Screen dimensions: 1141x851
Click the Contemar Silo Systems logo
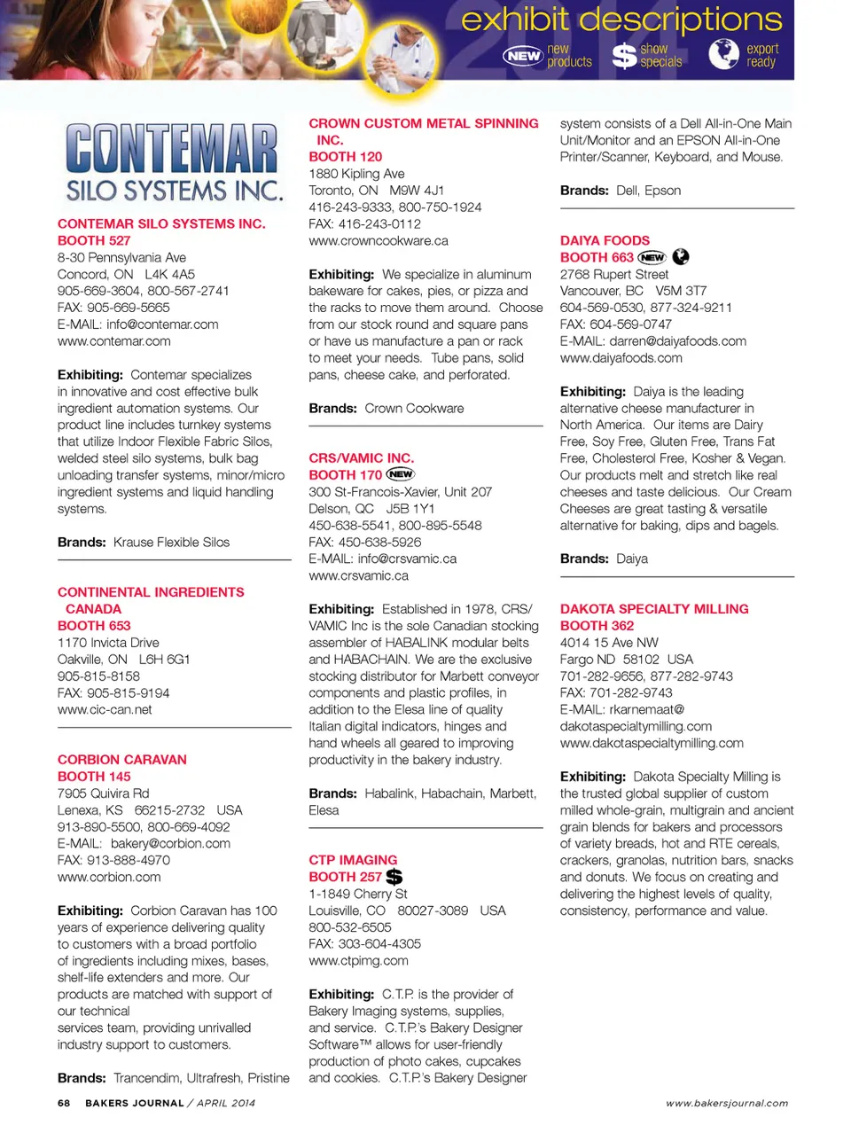(x=174, y=162)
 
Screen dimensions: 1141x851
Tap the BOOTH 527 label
(x=94, y=240)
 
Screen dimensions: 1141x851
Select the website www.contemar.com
(x=113, y=341)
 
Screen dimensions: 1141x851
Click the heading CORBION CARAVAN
(x=121, y=760)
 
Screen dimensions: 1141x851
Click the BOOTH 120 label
(x=345, y=157)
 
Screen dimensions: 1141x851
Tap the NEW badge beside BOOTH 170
(x=401, y=474)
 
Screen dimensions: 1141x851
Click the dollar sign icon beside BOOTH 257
(x=394, y=877)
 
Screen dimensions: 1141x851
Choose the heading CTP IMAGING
(x=353, y=860)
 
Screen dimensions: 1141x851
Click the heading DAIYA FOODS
(x=605, y=240)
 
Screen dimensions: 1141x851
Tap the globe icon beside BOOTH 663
(x=681, y=257)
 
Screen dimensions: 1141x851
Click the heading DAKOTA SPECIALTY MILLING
(x=654, y=609)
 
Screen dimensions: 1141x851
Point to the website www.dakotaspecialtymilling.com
(x=652, y=743)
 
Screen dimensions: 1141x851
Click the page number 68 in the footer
(x=64, y=1103)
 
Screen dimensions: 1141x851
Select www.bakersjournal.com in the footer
(x=727, y=1103)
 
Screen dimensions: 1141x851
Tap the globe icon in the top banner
(x=723, y=55)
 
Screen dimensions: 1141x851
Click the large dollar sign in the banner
(x=625, y=56)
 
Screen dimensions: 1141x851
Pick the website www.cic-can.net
(x=105, y=709)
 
